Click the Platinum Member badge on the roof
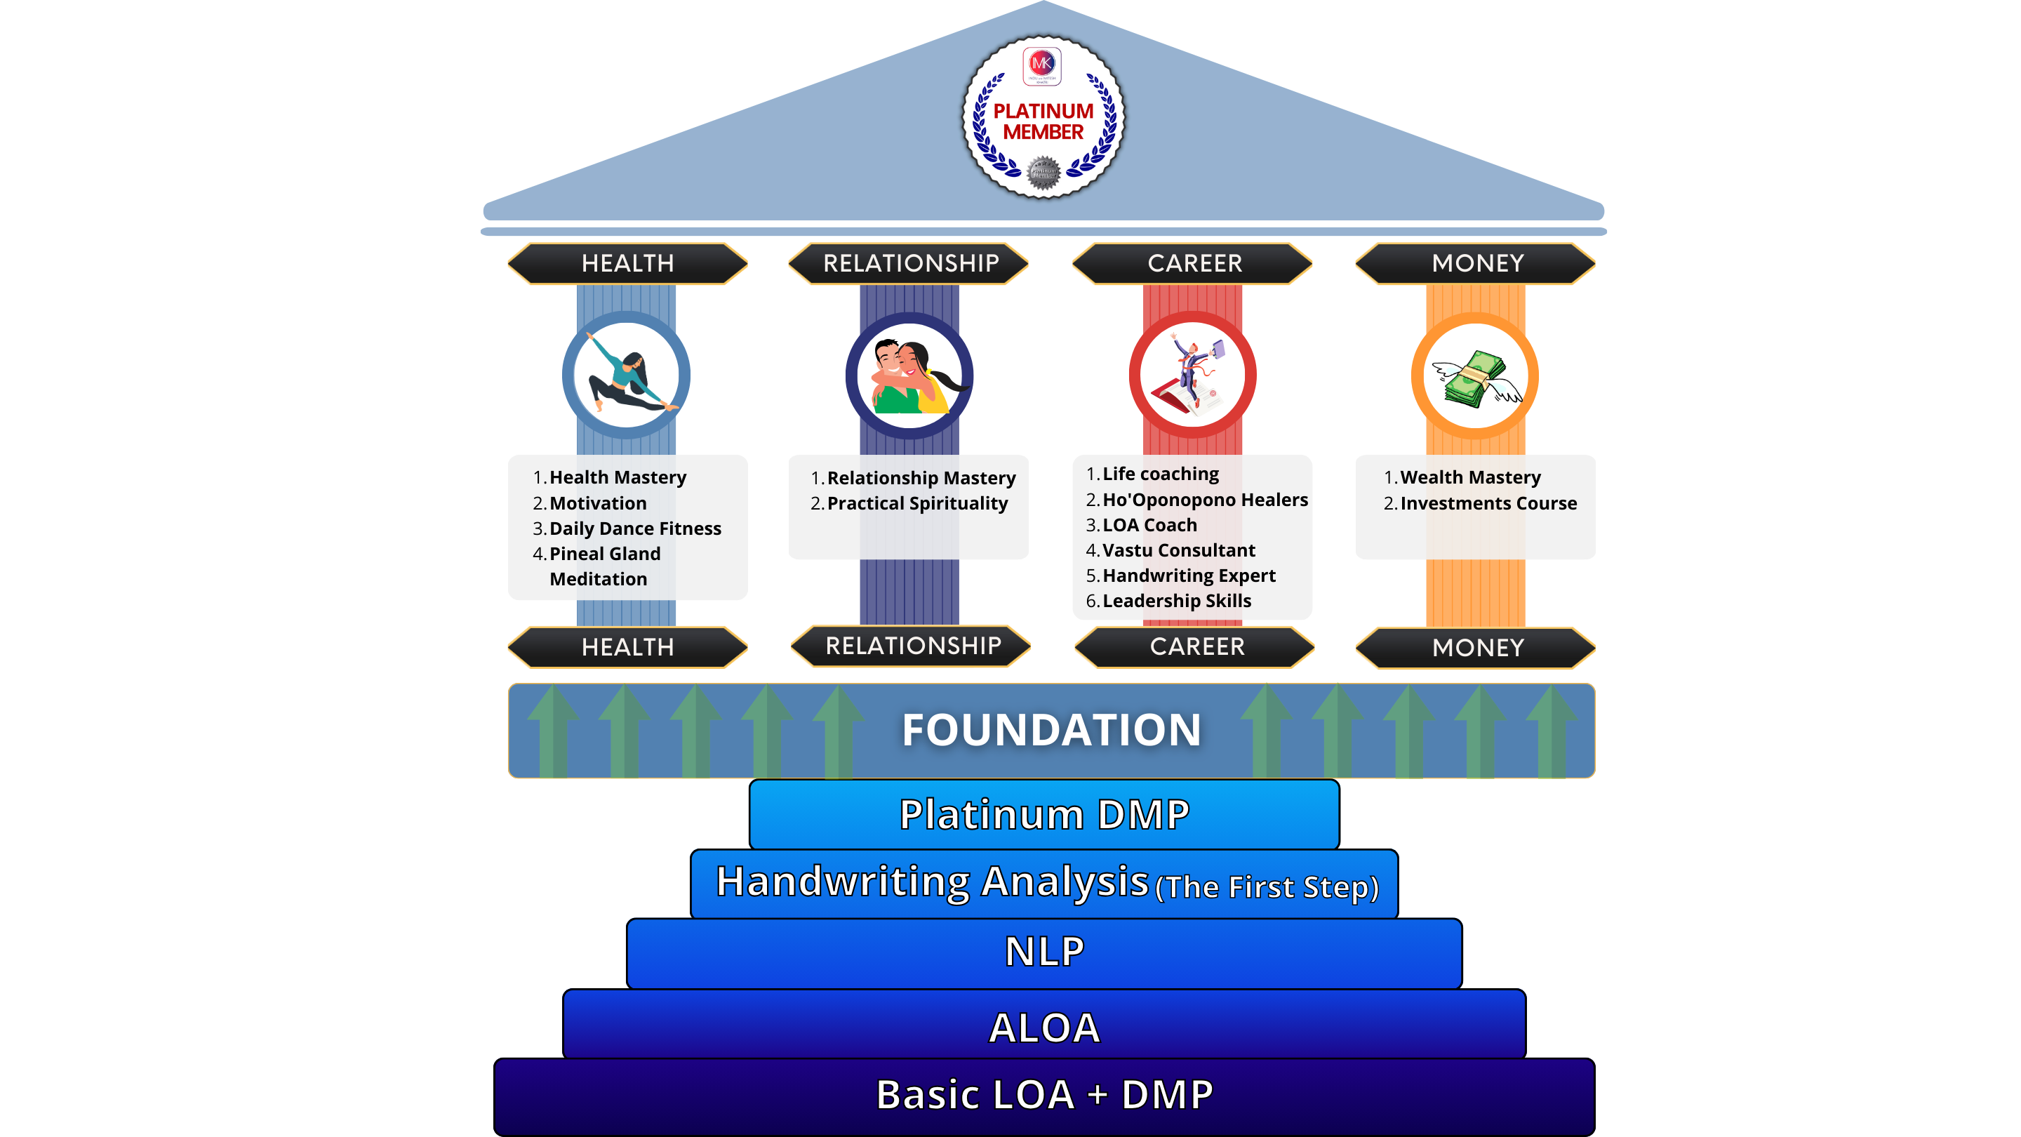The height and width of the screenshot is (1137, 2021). tap(1043, 118)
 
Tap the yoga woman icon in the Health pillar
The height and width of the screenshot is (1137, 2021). tap(626, 375)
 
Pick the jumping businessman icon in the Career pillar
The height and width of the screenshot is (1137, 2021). tap(1192, 375)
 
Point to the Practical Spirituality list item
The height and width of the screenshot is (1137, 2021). tap(917, 503)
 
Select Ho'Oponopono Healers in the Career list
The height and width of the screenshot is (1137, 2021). tap(1205, 500)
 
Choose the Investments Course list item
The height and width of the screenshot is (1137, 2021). tap(1488, 503)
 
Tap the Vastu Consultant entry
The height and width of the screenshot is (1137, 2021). tap(1178, 550)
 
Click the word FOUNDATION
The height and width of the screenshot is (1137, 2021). tap(1051, 730)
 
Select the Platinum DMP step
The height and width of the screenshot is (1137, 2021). tap(1044, 813)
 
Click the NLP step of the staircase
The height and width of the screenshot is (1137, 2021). tap(1044, 952)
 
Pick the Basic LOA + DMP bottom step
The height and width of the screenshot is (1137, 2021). tap(1044, 1095)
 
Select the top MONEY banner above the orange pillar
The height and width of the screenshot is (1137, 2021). tap(1476, 263)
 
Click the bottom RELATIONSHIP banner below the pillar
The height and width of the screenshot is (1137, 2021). tap(912, 646)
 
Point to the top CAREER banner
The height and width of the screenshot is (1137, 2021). tap(1194, 263)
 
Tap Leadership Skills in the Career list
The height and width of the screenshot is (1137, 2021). tap(1177, 600)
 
